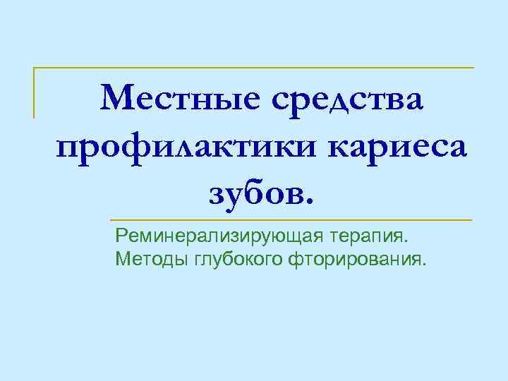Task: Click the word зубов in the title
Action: pyautogui.click(x=255, y=192)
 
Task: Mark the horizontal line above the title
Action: pyautogui.click(x=254, y=68)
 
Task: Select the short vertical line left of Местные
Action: pyautogui.click(x=34, y=92)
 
